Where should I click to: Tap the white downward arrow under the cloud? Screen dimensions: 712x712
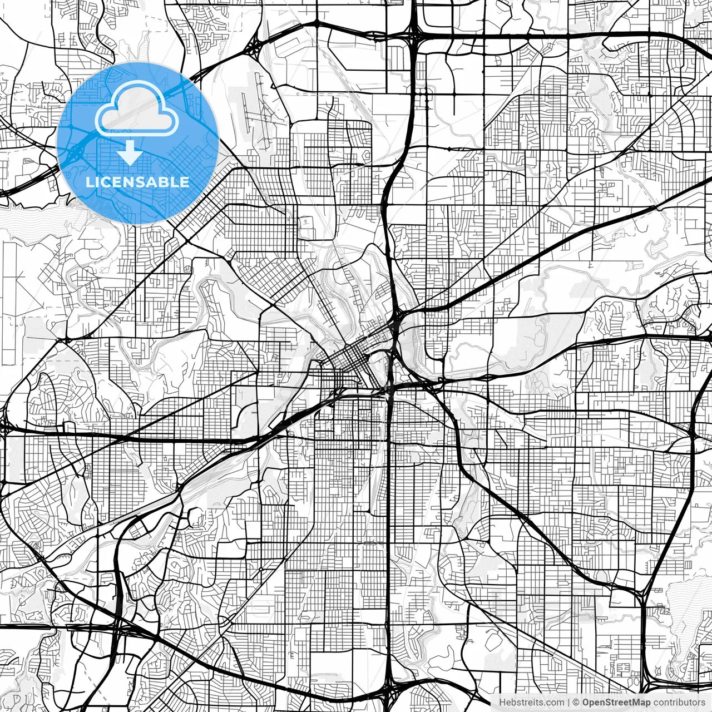(131, 152)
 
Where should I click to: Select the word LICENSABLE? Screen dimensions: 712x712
(137, 182)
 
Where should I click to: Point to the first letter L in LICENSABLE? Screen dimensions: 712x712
(89, 182)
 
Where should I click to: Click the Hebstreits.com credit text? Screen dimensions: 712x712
(531, 703)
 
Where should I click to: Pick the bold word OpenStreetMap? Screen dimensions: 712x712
(616, 703)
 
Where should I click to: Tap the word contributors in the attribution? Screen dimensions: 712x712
(679, 703)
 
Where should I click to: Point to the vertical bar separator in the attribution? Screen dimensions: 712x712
(568, 703)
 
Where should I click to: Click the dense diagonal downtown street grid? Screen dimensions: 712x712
(350, 356)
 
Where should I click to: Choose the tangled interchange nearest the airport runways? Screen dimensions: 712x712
(253, 47)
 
